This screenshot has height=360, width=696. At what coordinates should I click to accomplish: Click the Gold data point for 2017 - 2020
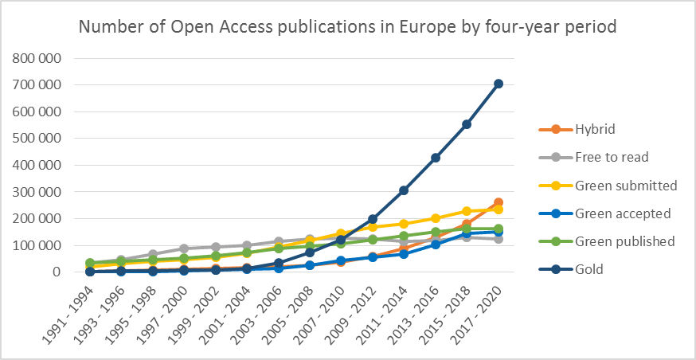point(499,84)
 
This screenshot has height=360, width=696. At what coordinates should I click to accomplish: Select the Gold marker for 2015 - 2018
point(467,124)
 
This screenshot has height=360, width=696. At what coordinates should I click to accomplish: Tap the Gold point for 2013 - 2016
point(436,158)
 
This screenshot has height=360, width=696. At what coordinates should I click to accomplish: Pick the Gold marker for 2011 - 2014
point(405,190)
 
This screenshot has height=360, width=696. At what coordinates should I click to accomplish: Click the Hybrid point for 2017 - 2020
point(499,202)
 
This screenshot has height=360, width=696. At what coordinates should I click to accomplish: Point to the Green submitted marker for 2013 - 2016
point(436,218)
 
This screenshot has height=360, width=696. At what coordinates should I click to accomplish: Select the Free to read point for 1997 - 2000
point(184,248)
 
